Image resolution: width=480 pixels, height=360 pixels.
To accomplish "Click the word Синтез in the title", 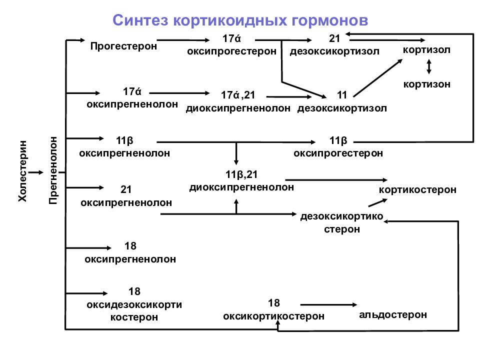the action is (x=140, y=20).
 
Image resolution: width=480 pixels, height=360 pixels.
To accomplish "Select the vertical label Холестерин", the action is (x=22, y=171).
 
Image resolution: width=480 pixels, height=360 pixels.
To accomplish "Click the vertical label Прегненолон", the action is (x=53, y=170).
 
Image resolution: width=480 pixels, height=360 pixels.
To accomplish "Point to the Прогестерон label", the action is (x=123, y=46).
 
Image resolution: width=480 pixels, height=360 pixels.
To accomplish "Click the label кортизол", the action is (x=426, y=49).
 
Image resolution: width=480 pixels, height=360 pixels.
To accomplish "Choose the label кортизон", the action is (x=426, y=84).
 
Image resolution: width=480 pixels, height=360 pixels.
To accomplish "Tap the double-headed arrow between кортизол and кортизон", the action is (x=429, y=66).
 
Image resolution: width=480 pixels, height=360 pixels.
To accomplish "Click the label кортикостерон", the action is (x=417, y=190).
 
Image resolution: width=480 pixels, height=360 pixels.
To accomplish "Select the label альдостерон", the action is (x=393, y=314).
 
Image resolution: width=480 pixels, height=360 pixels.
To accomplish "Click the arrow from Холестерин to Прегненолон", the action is (x=36, y=172).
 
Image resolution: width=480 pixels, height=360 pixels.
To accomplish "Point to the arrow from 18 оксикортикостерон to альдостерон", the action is (x=329, y=304).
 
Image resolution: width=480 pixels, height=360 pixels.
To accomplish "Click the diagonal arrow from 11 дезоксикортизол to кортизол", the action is (x=378, y=78).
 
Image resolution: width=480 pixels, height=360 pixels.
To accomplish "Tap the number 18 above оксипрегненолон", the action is (x=130, y=246).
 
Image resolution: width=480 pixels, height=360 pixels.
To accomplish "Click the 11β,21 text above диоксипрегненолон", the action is (x=241, y=174).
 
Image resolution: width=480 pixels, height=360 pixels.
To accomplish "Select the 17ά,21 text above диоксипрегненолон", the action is (x=238, y=95).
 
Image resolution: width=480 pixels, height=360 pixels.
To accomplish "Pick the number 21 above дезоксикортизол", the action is (x=334, y=38).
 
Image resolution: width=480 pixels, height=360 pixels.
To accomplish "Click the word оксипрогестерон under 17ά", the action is (x=231, y=51).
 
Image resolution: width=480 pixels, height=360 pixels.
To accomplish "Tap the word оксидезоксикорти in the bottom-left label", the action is (x=134, y=305).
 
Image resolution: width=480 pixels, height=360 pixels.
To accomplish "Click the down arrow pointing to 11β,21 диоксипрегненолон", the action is (x=236, y=153).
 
